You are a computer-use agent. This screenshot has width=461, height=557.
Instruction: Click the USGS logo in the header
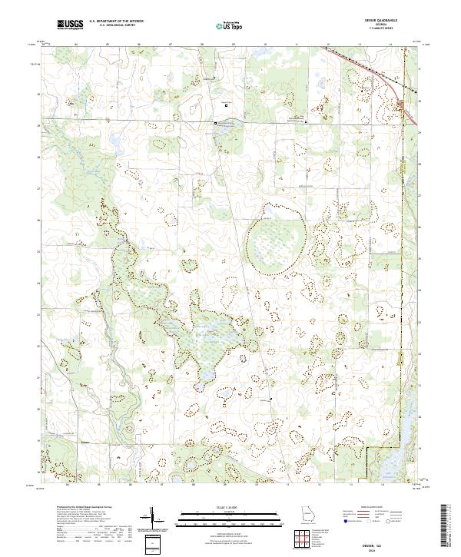[70, 25]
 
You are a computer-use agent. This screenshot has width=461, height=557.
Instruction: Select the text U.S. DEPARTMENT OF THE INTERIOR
[116, 22]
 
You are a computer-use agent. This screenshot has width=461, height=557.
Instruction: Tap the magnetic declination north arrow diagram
[154, 519]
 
